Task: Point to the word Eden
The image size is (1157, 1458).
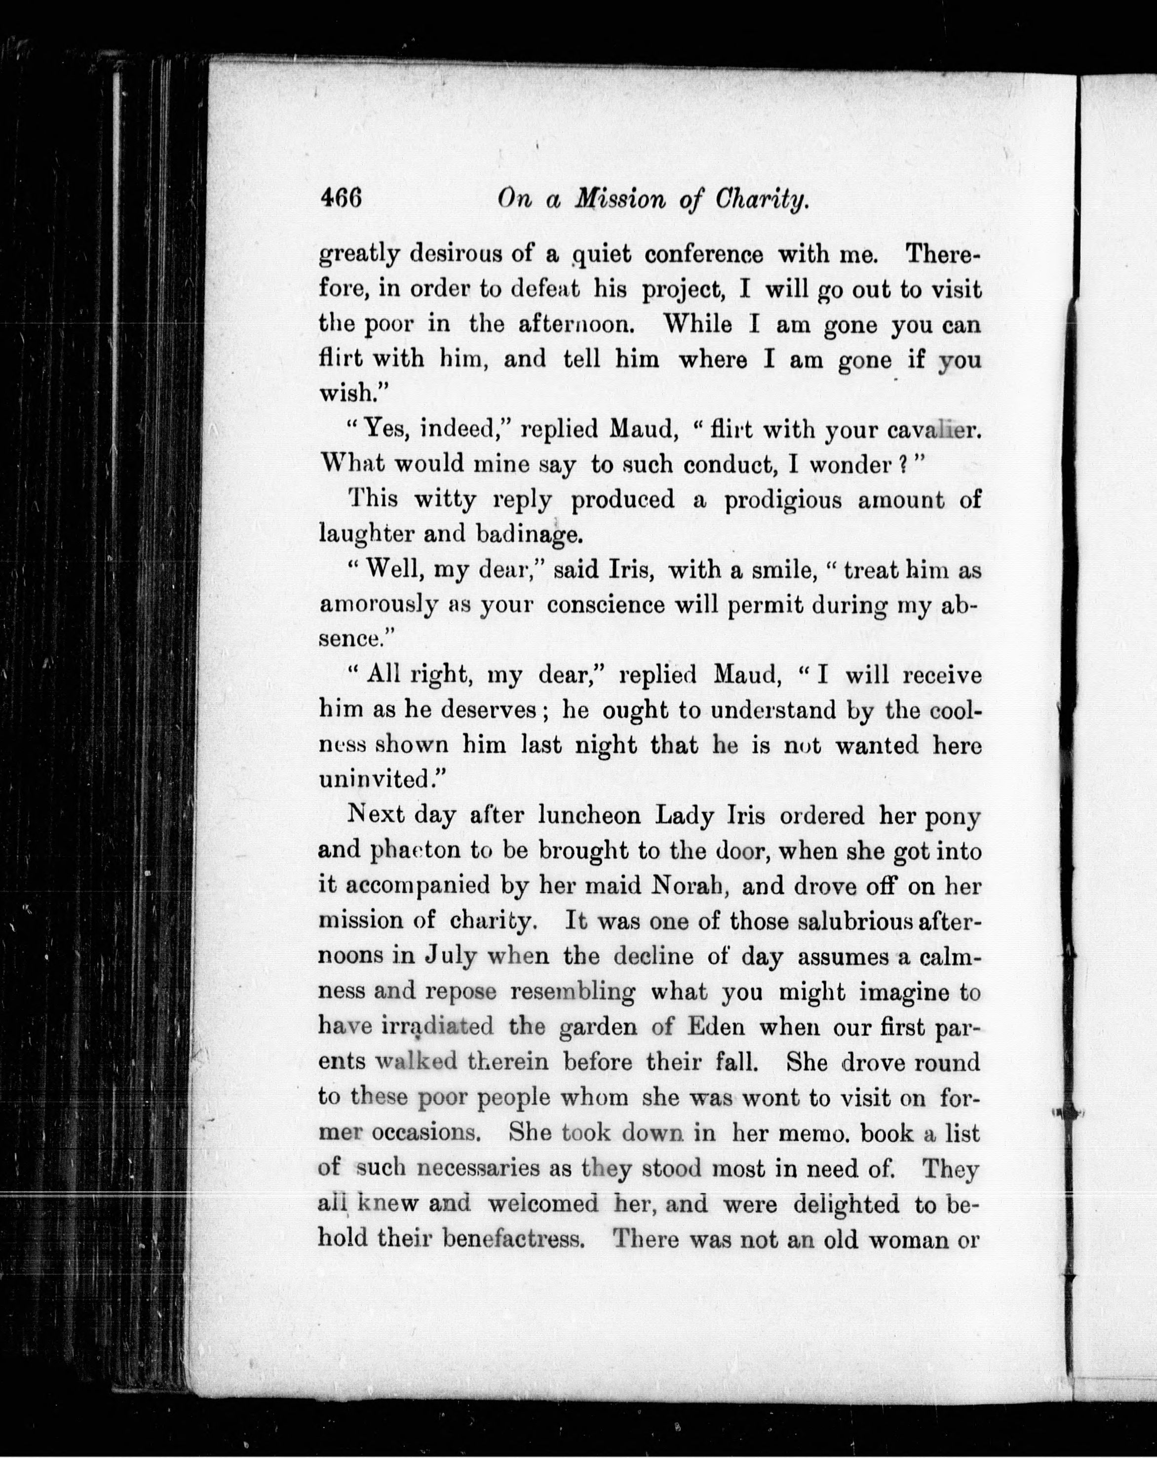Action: pos(716,1026)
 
